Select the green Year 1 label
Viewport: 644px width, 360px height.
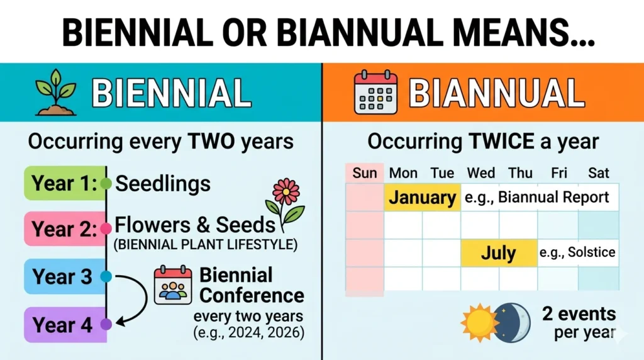tap(61, 183)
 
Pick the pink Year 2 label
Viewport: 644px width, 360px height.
tap(61, 229)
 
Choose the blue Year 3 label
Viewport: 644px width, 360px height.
tap(61, 276)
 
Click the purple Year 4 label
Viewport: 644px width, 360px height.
tap(61, 325)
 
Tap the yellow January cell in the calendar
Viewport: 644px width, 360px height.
tap(422, 198)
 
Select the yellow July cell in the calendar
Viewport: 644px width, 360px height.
tap(499, 253)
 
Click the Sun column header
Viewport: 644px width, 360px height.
tap(365, 172)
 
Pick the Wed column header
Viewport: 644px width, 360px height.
tap(480, 172)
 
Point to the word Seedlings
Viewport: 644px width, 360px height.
tap(163, 184)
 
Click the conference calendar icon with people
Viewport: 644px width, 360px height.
tap(173, 286)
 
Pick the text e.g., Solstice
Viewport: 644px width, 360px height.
tap(577, 253)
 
